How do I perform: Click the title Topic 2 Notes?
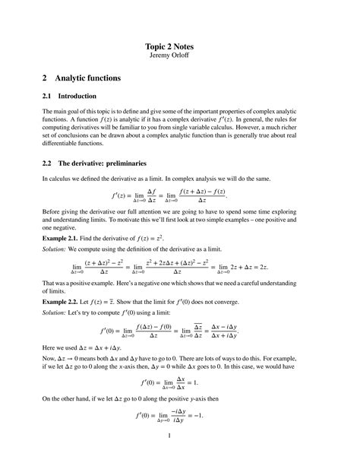(x=179, y=45)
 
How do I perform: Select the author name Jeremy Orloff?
(x=179, y=55)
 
